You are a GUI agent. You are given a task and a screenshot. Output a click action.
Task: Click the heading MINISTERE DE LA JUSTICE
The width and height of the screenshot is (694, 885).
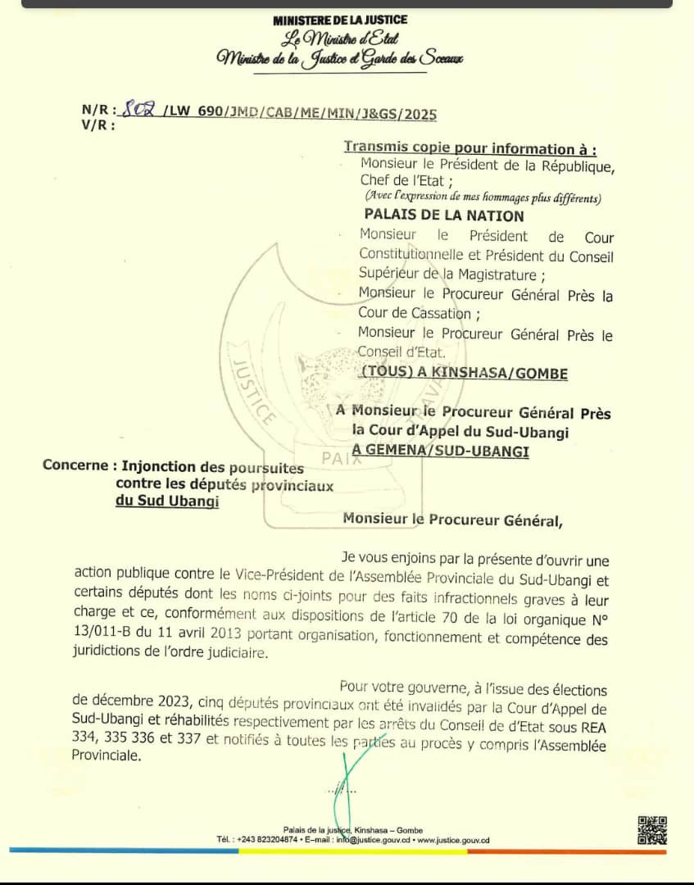click(x=340, y=20)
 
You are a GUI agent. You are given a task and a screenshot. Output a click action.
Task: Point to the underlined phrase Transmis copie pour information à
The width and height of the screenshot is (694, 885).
click(x=469, y=148)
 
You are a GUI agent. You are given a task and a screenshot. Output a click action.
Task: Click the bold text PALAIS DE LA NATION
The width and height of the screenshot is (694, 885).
click(x=443, y=216)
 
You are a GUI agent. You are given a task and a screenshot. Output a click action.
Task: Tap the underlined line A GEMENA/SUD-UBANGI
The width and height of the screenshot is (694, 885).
click(x=440, y=450)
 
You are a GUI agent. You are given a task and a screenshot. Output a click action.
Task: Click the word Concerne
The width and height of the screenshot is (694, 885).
click(x=75, y=465)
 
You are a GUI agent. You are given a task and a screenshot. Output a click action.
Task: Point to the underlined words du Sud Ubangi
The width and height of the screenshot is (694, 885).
click(x=167, y=501)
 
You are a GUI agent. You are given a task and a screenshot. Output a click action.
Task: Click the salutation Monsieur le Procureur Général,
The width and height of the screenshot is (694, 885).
click(x=453, y=518)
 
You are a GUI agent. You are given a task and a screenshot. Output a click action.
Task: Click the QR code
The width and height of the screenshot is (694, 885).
click(x=652, y=830)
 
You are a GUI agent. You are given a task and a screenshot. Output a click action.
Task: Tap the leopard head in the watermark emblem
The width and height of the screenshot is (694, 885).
click(x=325, y=374)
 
